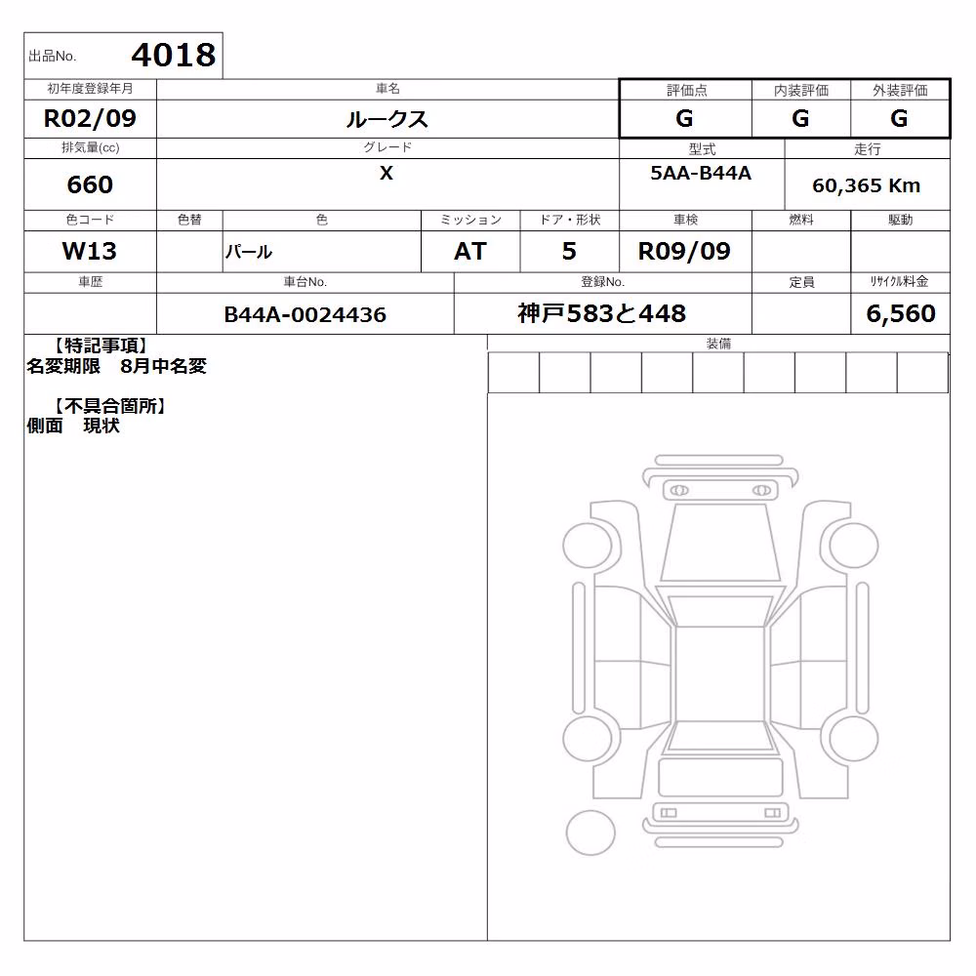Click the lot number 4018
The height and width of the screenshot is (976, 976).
[x=174, y=56]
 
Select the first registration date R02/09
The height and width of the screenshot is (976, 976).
[x=90, y=118]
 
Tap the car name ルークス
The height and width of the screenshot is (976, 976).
[x=387, y=119]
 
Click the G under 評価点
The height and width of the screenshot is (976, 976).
[x=684, y=118]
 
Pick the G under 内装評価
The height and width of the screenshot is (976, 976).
[x=800, y=118]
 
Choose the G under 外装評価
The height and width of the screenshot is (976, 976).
[x=899, y=118]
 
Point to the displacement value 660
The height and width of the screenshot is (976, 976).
[x=90, y=184]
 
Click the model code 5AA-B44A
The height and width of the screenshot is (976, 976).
[x=701, y=173]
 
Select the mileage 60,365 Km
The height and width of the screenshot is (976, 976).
[x=866, y=185]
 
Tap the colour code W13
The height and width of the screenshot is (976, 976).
[x=90, y=252]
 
